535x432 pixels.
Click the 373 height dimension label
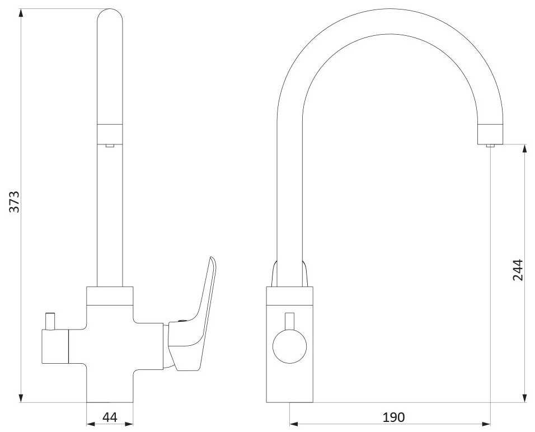[x=15, y=202]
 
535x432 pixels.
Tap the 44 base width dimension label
[x=110, y=417]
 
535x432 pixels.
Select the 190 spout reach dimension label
[x=393, y=417]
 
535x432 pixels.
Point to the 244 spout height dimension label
[x=518, y=270]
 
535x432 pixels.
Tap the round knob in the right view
[x=290, y=346]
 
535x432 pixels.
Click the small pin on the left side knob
[x=50, y=321]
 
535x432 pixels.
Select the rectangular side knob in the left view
[x=55, y=346]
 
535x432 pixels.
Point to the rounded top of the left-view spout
[x=110, y=15]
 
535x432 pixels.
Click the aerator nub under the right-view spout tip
[x=490, y=145]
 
